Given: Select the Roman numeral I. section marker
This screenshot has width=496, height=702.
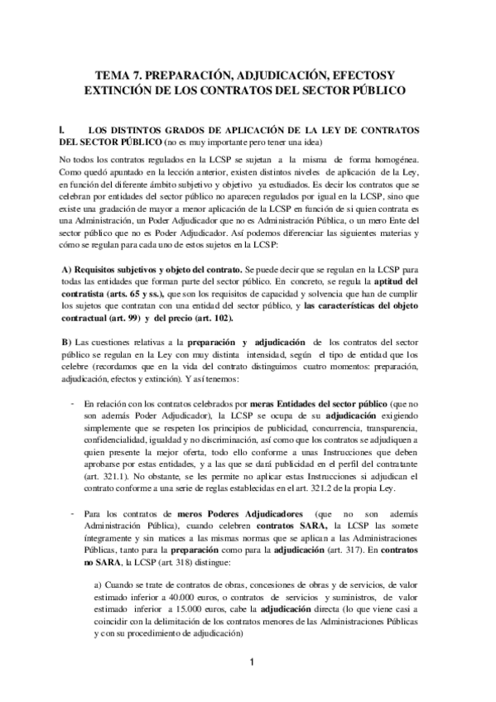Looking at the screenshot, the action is [62, 130].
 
